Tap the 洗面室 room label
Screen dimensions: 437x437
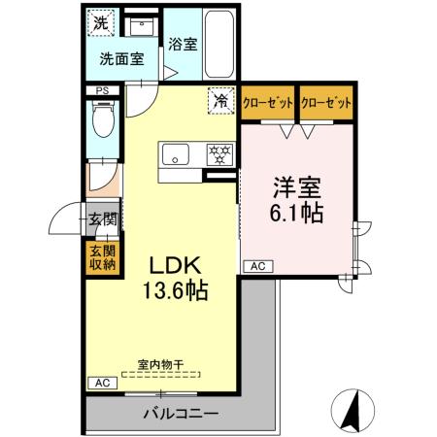(121, 58)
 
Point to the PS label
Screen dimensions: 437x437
(102, 92)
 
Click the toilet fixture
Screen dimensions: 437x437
(101, 121)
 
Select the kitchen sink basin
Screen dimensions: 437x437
(177, 153)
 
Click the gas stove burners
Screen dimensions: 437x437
(220, 153)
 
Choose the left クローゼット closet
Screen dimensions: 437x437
(269, 103)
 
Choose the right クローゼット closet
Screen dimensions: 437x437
(326, 103)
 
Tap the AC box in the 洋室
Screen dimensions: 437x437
(257, 265)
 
